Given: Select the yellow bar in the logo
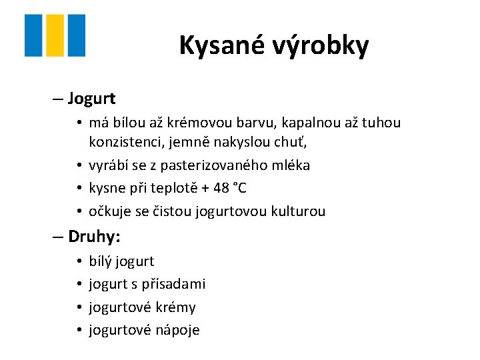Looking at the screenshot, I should [x=55, y=35].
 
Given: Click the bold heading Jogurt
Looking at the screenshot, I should [x=92, y=99].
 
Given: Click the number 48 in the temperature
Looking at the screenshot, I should [x=213, y=188].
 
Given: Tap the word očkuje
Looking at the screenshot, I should [x=109, y=211].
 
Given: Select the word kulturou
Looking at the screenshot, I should [x=297, y=211].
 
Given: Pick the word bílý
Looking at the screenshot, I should [x=100, y=261].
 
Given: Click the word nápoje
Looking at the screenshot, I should [x=178, y=331].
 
